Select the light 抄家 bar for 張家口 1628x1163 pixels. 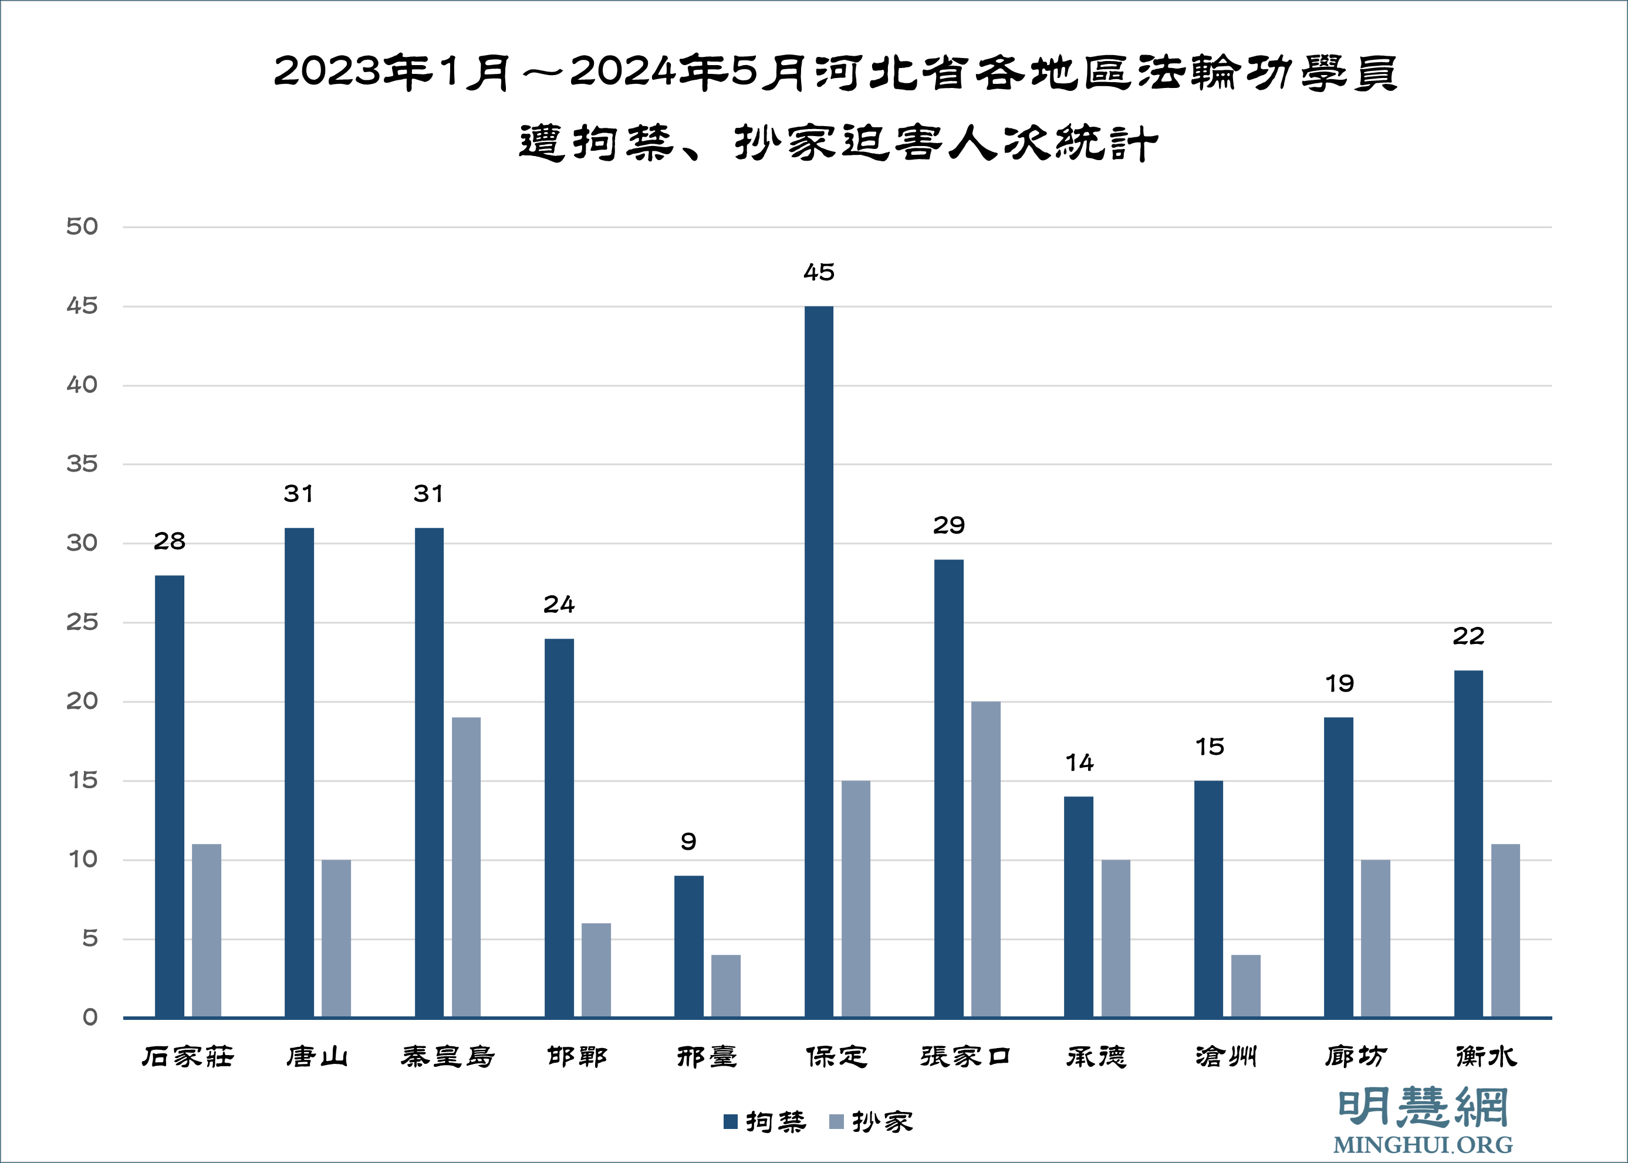[985, 859]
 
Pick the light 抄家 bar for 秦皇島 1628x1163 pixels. [466, 866]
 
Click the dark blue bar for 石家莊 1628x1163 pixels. [169, 796]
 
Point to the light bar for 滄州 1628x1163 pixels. [1245, 985]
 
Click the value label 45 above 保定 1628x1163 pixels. [819, 272]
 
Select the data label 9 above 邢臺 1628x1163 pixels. [688, 842]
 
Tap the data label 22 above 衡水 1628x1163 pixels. [1468, 636]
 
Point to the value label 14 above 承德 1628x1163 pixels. [1079, 762]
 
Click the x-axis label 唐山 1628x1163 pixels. [317, 1056]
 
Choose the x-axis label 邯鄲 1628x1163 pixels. [577, 1056]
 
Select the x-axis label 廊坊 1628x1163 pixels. [1356, 1056]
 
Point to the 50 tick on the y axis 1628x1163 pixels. [82, 227]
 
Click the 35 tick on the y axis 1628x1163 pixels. [82, 464]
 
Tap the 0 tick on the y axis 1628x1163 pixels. [90, 1017]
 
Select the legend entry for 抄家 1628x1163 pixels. [872, 1121]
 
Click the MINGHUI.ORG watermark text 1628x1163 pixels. [1423, 1144]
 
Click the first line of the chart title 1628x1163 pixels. [836, 72]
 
